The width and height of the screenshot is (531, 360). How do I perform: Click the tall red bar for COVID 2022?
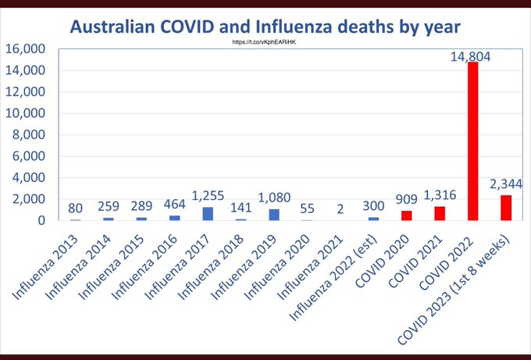472,141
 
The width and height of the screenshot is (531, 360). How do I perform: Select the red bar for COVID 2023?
505,208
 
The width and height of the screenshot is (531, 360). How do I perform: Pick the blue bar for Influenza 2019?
274,215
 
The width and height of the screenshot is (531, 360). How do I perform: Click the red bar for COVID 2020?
406,216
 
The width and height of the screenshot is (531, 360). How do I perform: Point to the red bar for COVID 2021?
440,213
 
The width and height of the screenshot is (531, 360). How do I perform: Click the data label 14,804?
472,54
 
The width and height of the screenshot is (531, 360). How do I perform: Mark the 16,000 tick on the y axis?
26,49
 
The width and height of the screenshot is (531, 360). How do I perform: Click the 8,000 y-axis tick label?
29,135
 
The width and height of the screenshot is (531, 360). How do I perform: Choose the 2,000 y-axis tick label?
29,199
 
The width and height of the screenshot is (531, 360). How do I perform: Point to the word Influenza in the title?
308,26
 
